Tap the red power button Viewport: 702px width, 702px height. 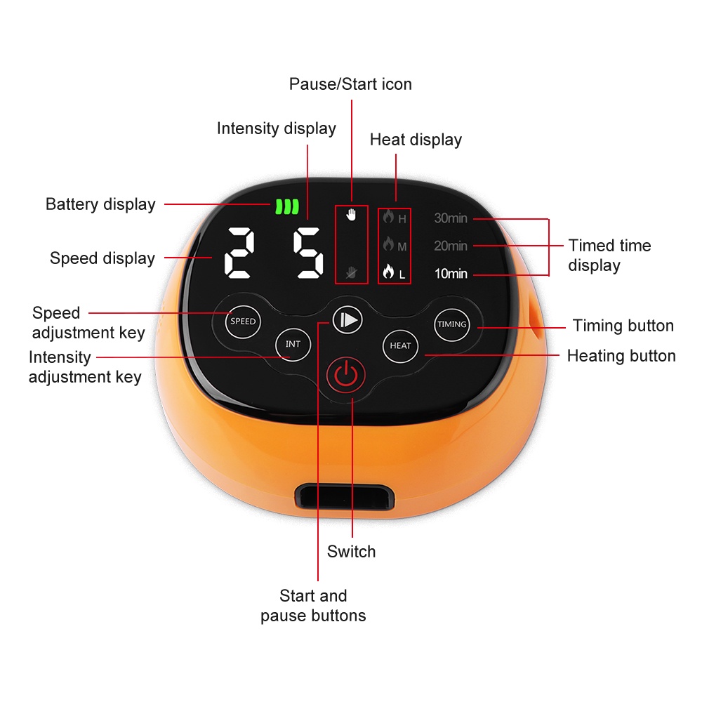pos(345,376)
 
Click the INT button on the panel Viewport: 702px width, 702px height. pos(293,345)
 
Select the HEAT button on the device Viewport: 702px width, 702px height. pos(400,345)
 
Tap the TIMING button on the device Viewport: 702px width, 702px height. pos(451,324)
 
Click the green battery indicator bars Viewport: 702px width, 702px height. pos(286,206)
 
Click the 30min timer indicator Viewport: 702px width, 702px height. pos(451,218)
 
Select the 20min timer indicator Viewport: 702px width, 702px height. pos(451,246)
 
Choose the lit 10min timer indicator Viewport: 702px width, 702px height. pos(451,274)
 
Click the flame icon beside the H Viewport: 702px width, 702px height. pos(388,218)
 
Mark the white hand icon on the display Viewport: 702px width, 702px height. pos(352,216)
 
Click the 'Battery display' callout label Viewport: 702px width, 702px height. pos(100,204)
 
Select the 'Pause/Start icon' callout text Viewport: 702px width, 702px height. pos(350,84)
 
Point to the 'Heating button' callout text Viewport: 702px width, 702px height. pos(621,356)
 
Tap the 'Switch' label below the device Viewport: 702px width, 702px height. pos(351,552)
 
